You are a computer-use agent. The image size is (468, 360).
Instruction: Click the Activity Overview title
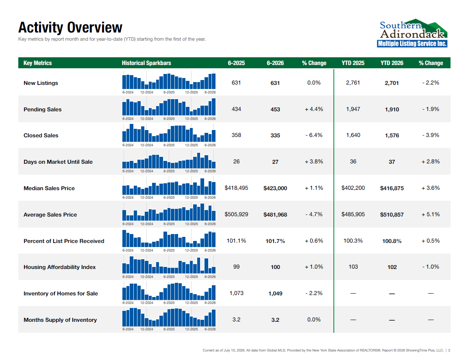(70, 28)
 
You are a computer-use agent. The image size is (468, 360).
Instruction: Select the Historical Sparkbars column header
(146, 63)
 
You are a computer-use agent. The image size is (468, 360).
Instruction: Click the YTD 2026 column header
(392, 63)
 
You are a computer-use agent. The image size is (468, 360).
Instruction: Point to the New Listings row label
(41, 83)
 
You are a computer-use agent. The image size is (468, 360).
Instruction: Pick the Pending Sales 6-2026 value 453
(275, 109)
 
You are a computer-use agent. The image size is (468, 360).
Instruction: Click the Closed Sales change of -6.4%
(314, 135)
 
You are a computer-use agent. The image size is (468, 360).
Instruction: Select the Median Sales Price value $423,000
(275, 188)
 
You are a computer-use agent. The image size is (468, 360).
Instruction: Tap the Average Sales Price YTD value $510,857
(392, 215)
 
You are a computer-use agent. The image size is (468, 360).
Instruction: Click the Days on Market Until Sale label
(58, 162)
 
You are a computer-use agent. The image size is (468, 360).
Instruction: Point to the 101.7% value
(275, 241)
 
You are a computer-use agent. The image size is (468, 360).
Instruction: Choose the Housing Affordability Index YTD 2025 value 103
(353, 267)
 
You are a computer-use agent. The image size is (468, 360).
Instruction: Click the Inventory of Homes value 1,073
(236, 293)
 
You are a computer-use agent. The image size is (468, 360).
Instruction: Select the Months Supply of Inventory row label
(60, 320)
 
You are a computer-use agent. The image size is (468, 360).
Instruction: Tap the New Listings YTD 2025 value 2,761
(353, 82)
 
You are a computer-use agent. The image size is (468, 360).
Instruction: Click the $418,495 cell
(236, 188)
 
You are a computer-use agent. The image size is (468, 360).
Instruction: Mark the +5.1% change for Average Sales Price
(431, 215)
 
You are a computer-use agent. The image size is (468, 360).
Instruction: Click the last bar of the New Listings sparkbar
(214, 81)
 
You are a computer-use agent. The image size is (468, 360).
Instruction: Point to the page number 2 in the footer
(449, 351)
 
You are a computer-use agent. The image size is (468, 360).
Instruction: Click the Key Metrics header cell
(37, 63)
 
